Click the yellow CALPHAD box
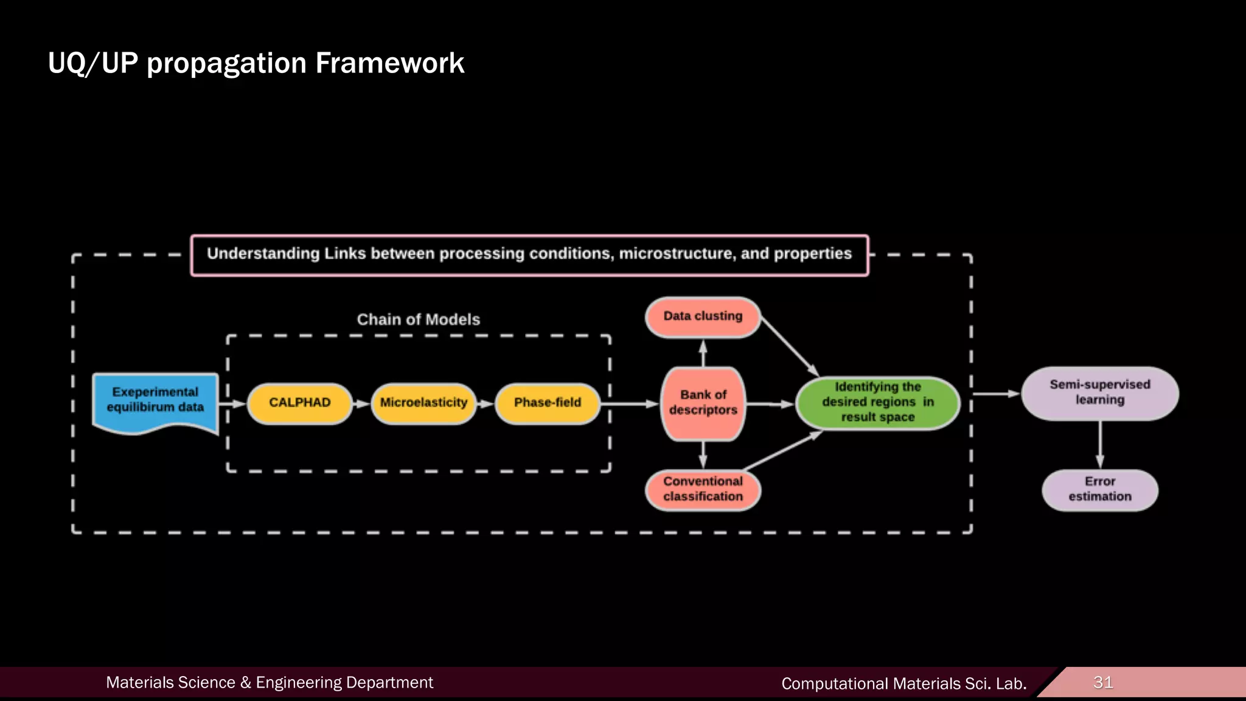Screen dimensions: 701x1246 (x=299, y=403)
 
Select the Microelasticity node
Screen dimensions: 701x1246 (x=423, y=403)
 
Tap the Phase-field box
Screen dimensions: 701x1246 (x=548, y=403)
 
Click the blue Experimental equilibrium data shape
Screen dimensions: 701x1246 (x=155, y=402)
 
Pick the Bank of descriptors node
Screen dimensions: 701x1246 (x=703, y=403)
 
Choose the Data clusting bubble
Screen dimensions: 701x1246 (x=703, y=316)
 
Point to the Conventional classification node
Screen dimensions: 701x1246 (x=703, y=489)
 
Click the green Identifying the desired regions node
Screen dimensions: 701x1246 (x=877, y=402)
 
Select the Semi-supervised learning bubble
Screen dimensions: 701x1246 (x=1099, y=392)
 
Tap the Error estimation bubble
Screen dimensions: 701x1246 (x=1099, y=489)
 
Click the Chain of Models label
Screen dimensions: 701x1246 (x=418, y=319)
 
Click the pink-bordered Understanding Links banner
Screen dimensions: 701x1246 (x=529, y=254)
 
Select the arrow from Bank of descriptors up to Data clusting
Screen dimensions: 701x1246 (x=703, y=354)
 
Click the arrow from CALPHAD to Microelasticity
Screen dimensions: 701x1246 (x=361, y=403)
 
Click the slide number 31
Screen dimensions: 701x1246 (x=1103, y=682)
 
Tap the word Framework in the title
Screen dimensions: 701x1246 (x=389, y=63)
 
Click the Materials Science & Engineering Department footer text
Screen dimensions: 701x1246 (x=270, y=683)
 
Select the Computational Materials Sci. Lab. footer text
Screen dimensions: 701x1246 (x=903, y=684)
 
